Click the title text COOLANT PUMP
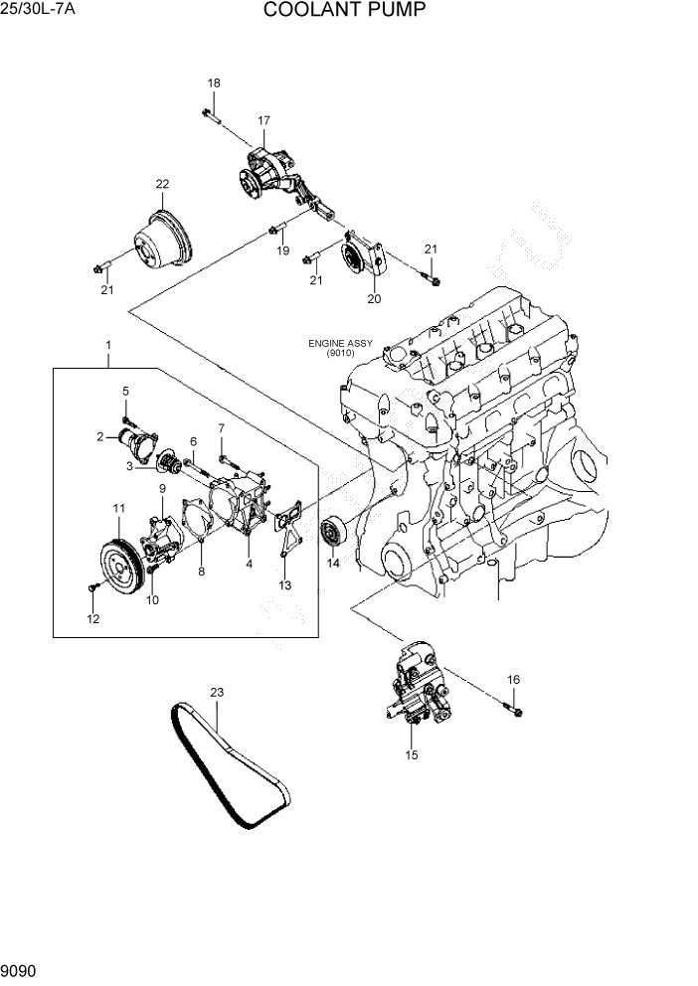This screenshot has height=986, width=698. pos(345,11)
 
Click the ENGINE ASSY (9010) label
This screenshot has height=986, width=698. pos(340,348)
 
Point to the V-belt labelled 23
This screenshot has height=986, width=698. pos(229,765)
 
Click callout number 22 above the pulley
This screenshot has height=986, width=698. pos(162,184)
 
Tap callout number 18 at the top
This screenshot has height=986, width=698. pos(214,82)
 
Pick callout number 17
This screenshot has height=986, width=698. pos(264,121)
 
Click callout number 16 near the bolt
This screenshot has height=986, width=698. pos(513,680)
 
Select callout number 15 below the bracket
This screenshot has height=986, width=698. pos(412,755)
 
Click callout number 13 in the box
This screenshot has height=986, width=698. pos(285,585)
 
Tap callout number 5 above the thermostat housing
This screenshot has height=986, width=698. pos(126,392)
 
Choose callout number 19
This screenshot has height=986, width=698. pos(283,251)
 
